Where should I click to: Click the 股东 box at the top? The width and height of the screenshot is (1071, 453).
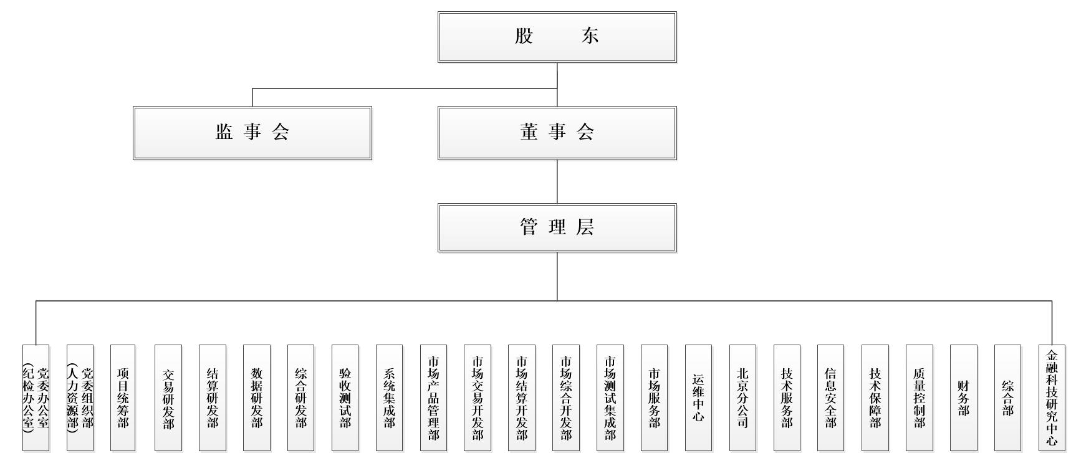(x=557, y=37)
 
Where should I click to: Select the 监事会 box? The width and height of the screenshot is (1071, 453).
(x=252, y=133)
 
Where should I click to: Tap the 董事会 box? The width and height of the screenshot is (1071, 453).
(x=557, y=133)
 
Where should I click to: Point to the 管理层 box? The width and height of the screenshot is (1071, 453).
(x=557, y=227)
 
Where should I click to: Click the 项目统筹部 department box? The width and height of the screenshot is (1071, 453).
(x=123, y=398)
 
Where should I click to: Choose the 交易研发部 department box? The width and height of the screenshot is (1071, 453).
(x=168, y=398)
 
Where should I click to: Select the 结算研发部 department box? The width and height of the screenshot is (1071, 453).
(x=212, y=398)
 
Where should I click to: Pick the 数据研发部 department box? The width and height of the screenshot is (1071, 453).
(x=256, y=398)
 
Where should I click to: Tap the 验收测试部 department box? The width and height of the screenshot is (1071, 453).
(x=345, y=398)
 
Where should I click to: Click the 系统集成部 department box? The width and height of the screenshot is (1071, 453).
(x=389, y=398)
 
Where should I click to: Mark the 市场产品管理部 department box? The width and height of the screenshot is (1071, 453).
(x=433, y=398)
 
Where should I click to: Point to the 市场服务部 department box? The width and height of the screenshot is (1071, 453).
(x=654, y=398)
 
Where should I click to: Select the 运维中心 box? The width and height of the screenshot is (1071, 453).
(x=698, y=398)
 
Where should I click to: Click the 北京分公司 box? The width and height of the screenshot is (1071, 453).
(x=742, y=398)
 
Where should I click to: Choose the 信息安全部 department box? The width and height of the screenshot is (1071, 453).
(x=830, y=398)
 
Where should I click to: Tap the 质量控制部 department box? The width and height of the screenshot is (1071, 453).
(x=919, y=398)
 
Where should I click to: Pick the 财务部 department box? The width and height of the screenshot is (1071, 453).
(x=963, y=398)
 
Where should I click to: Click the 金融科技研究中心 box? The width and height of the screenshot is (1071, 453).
(x=1052, y=398)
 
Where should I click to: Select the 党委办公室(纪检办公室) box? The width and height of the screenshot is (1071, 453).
(x=36, y=398)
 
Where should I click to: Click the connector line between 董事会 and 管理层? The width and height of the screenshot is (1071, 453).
(x=557, y=181)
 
